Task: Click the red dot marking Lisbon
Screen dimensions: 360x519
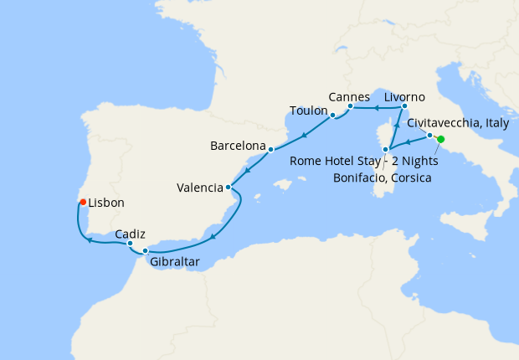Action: pyautogui.click(x=82, y=202)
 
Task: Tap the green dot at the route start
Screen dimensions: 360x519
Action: pyautogui.click(x=441, y=140)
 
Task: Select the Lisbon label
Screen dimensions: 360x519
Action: pyautogui.click(x=106, y=203)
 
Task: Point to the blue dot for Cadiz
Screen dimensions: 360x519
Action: pyautogui.click(x=130, y=244)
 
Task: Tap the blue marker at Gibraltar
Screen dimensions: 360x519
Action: pyautogui.click(x=145, y=251)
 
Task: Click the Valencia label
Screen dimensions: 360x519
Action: pyautogui.click(x=199, y=188)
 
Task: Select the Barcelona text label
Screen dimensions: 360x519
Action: pyautogui.click(x=237, y=145)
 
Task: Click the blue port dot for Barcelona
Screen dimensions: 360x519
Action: pyautogui.click(x=270, y=150)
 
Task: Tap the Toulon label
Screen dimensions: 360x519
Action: pyautogui.click(x=307, y=111)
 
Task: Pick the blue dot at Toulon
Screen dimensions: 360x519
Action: pyautogui.click(x=332, y=115)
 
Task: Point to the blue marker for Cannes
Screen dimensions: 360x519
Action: pyautogui.click(x=350, y=106)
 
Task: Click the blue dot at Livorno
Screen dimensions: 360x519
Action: pyautogui.click(x=404, y=106)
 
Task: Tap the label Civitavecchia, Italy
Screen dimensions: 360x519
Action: pyautogui.click(x=457, y=123)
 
